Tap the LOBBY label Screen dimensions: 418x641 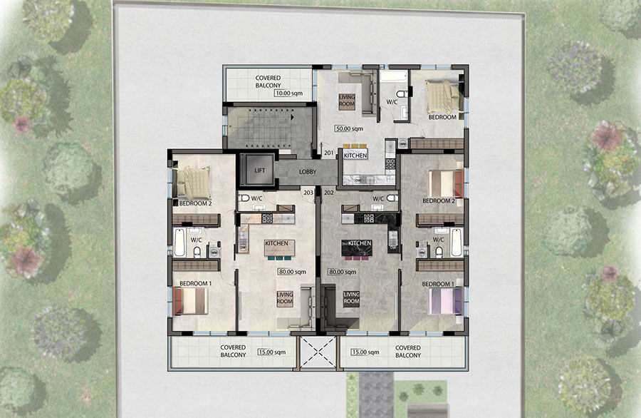point(308,171)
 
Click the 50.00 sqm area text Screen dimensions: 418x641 point(349,128)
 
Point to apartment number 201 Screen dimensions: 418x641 point(329,153)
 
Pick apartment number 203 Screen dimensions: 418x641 point(308,192)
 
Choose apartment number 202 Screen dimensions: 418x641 point(329,192)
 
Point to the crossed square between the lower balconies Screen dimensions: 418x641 point(318,352)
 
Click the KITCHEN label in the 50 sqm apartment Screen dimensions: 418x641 point(355,155)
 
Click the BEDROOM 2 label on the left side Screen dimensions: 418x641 point(194,203)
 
